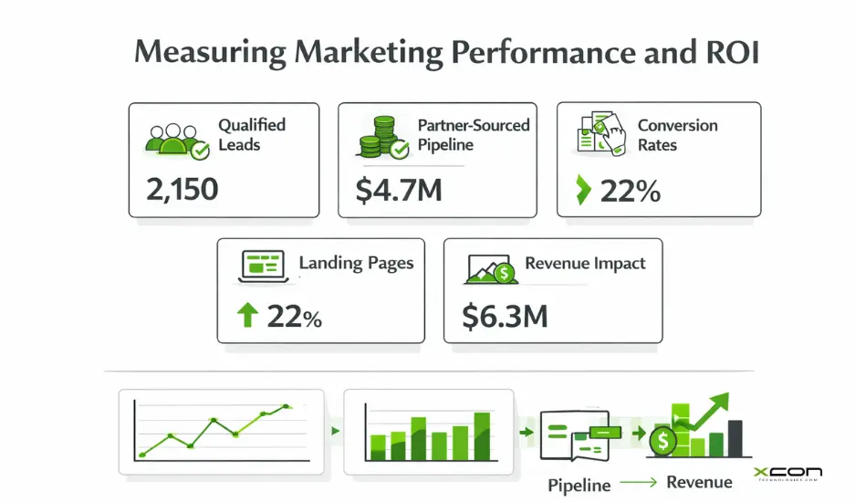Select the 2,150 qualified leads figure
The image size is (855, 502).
(182, 189)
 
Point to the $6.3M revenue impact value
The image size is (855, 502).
(505, 315)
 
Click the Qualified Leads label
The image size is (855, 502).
(252, 134)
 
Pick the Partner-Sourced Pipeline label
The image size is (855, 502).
(473, 134)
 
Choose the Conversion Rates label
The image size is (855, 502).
(677, 134)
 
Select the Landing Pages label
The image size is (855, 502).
(356, 264)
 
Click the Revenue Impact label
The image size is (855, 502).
(585, 264)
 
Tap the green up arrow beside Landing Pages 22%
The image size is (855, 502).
(247, 316)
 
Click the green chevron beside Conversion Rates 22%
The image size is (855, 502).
(583, 192)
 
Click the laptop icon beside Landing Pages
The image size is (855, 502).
(264, 267)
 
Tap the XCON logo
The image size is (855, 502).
(788, 473)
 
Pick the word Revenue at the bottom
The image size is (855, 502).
(699, 483)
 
